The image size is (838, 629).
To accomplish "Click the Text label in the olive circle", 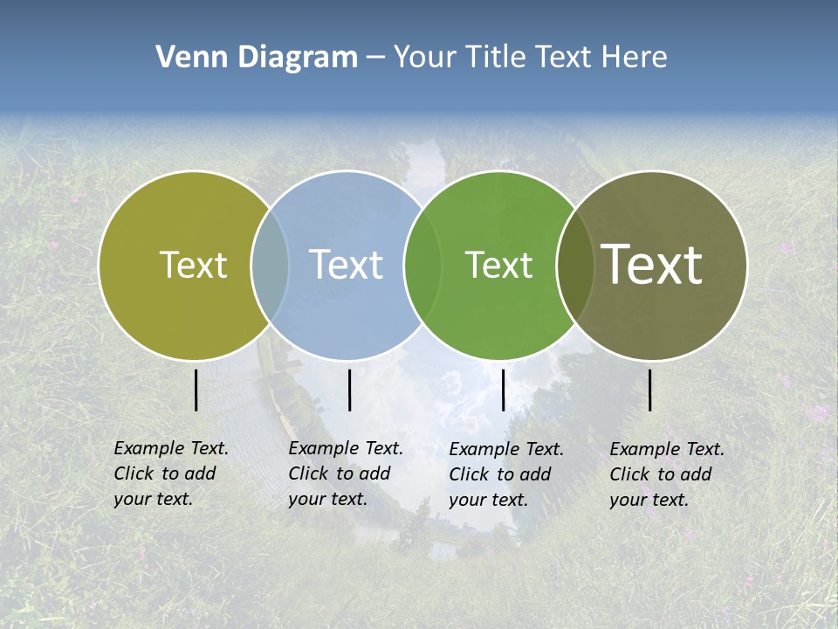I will point(193,265).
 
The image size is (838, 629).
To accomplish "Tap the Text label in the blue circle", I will point(346,265).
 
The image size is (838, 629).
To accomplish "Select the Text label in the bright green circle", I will point(498,265).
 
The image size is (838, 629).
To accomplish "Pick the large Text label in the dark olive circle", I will point(652,265).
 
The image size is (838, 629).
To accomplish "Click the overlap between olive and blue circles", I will point(270,266).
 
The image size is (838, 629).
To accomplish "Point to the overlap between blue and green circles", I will point(422,266).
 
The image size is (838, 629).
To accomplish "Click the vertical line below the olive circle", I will point(196,391).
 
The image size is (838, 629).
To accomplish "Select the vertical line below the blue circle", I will point(349,391).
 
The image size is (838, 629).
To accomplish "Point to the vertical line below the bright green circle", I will point(504,391).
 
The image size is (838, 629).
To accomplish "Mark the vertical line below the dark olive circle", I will point(650,391).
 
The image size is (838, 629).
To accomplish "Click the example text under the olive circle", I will point(171,473).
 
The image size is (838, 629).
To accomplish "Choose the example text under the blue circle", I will point(346,473).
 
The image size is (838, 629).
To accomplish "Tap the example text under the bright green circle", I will point(506,474).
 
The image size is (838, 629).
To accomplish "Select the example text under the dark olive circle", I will point(667,474).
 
